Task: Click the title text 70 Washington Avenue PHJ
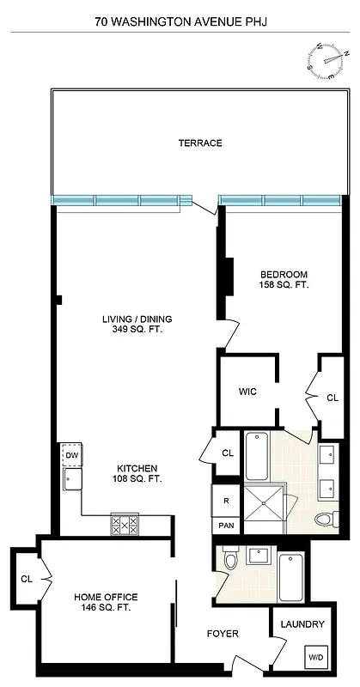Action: click(x=180, y=15)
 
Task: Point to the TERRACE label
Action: click(x=200, y=143)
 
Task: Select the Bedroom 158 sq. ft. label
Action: click(x=284, y=280)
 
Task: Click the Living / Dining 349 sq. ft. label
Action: click(x=137, y=324)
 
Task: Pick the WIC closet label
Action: click(x=248, y=392)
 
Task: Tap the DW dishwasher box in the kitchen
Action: click(x=70, y=455)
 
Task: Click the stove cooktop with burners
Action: click(x=125, y=524)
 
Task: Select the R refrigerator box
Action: click(x=224, y=500)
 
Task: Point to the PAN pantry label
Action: click(x=224, y=524)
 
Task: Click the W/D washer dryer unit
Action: click(x=314, y=657)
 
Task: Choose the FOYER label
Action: click(x=223, y=634)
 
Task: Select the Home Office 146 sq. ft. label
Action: click(x=106, y=602)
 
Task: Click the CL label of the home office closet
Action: click(x=25, y=581)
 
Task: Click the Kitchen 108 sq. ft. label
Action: click(x=137, y=473)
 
